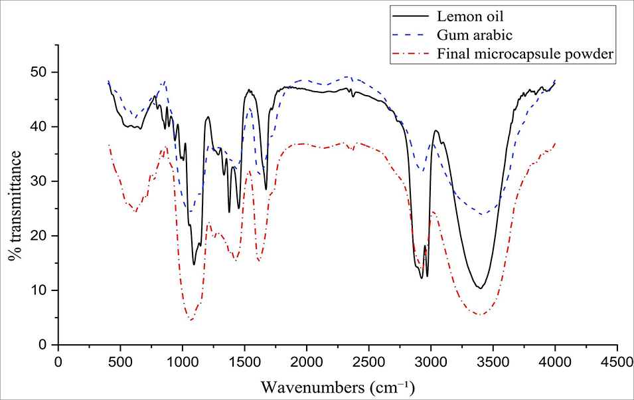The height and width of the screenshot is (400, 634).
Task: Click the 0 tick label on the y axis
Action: pyautogui.click(x=46, y=345)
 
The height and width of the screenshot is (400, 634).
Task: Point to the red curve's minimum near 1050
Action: pyautogui.click(x=191, y=320)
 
